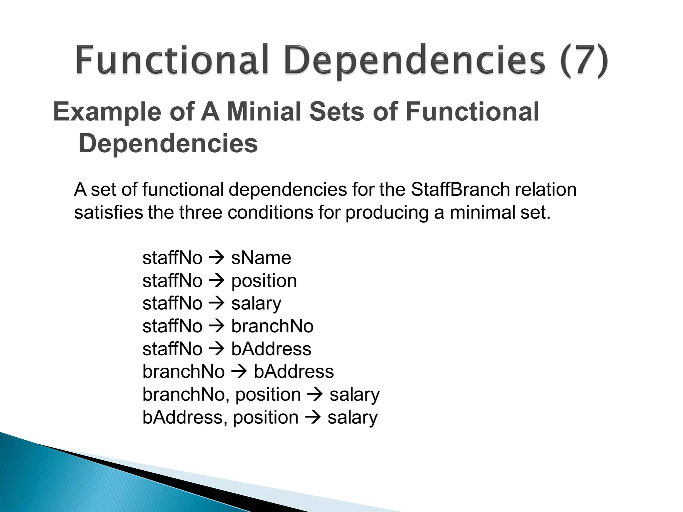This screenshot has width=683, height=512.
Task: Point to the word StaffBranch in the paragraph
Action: pyautogui.click(x=460, y=190)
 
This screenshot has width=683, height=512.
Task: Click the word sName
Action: pyautogui.click(x=261, y=258)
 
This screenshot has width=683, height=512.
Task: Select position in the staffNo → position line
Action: pyautogui.click(x=264, y=281)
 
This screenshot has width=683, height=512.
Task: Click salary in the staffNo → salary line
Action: pyautogui.click(x=256, y=304)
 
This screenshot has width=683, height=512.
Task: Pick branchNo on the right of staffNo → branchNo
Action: pyautogui.click(x=272, y=326)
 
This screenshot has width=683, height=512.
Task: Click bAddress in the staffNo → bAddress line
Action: pyautogui.click(x=271, y=349)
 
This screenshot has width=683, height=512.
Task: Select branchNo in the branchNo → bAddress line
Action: pyautogui.click(x=183, y=372)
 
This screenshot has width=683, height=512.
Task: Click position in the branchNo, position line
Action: pyautogui.click(x=268, y=395)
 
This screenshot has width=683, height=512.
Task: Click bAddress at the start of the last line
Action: pyautogui.click(x=183, y=417)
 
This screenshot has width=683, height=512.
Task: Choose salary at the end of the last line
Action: pyautogui.click(x=353, y=417)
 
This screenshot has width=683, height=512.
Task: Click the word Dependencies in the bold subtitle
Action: pyautogui.click(x=168, y=144)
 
